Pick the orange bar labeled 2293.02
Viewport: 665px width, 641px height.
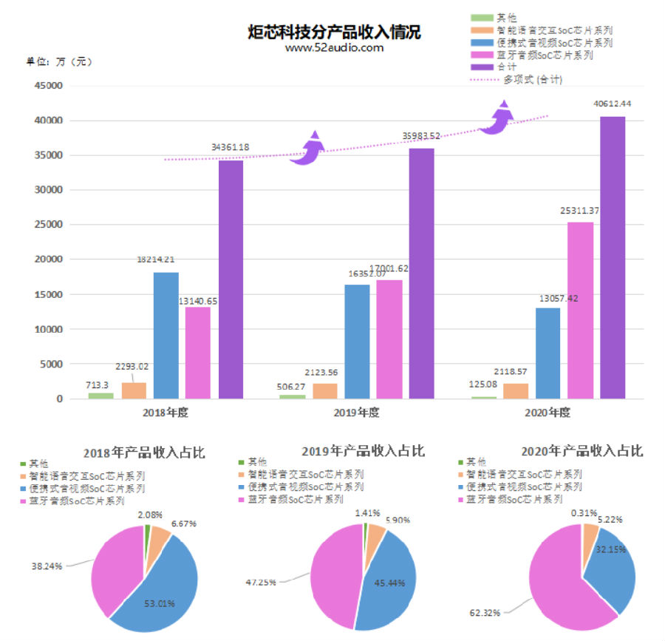(134, 390)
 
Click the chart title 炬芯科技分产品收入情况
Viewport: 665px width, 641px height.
(334, 33)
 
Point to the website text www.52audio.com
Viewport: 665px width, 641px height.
(334, 47)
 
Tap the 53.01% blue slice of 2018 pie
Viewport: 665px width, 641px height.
(159, 591)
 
